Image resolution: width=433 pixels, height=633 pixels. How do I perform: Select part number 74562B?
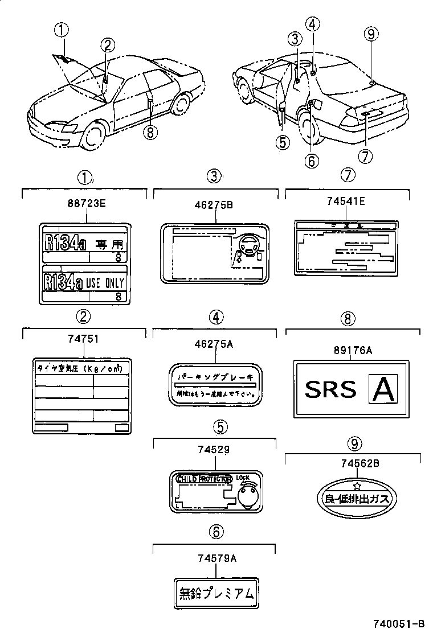click(x=357, y=464)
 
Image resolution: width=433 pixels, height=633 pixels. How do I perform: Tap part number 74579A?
click(x=215, y=558)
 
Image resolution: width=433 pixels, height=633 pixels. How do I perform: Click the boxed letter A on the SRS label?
click(x=383, y=389)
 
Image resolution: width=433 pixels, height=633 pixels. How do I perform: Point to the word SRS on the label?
click(x=330, y=390)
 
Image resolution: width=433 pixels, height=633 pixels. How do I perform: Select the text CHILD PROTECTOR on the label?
click(x=205, y=479)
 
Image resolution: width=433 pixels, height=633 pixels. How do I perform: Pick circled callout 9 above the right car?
click(x=371, y=35)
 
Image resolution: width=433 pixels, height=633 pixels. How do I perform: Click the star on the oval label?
click(x=357, y=486)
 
